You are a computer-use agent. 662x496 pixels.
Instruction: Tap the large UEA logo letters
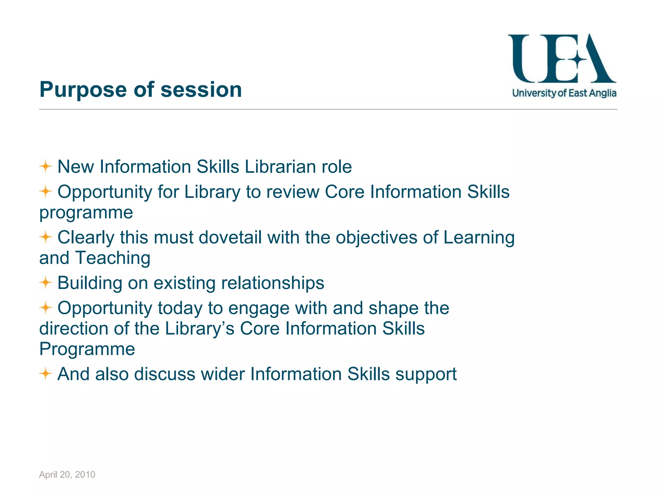pyautogui.click(x=562, y=59)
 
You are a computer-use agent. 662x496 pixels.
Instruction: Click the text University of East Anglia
pyautogui.click(x=564, y=93)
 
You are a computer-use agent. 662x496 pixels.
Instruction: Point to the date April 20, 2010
pyautogui.click(x=67, y=474)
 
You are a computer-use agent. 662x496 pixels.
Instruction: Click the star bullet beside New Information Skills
pyautogui.click(x=46, y=167)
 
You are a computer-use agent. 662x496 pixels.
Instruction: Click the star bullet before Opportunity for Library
pyautogui.click(x=46, y=191)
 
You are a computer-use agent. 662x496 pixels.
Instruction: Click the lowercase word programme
pyautogui.click(x=86, y=212)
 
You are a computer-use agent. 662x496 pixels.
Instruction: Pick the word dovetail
pyautogui.click(x=230, y=237)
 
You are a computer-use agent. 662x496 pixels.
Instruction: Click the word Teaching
pyautogui.click(x=113, y=258)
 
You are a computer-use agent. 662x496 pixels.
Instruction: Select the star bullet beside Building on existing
pyautogui.click(x=46, y=283)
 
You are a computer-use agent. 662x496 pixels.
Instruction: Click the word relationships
pyautogui.click(x=272, y=283)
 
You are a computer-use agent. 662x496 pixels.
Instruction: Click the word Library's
pyautogui.click(x=200, y=328)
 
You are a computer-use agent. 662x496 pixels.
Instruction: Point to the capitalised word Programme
pyautogui.click(x=87, y=349)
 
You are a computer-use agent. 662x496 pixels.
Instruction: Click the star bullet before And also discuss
pyautogui.click(x=46, y=374)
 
